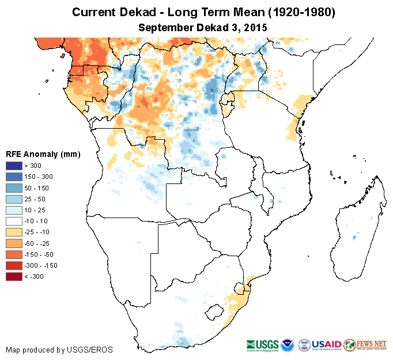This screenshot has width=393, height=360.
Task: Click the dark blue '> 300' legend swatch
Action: click(x=14, y=166)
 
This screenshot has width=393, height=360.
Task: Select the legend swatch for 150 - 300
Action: click(x=14, y=177)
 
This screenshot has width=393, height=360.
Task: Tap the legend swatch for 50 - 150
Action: click(x=14, y=188)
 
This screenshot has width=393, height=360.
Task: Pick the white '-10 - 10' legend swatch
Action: click(x=14, y=221)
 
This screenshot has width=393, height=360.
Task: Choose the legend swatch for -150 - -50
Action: click(x=14, y=254)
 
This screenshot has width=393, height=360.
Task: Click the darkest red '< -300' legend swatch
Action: click(x=14, y=276)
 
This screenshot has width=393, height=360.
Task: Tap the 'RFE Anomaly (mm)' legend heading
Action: click(x=43, y=154)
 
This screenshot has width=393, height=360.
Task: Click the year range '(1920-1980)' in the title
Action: click(x=290, y=13)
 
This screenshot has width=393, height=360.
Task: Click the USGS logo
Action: click(x=262, y=344)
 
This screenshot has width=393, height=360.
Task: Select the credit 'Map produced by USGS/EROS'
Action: click(x=59, y=350)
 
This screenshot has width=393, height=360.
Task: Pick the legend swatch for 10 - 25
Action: click(x=14, y=210)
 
